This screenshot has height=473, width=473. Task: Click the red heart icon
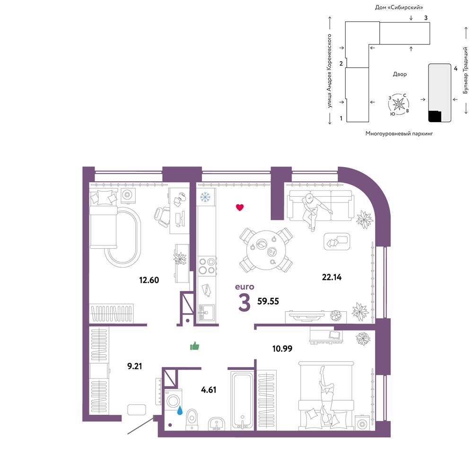click(x=240, y=207)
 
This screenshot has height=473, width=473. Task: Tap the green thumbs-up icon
click(x=194, y=346)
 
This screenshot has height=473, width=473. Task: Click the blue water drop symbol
click(x=180, y=410)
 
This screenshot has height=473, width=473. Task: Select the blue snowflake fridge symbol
click(x=205, y=197)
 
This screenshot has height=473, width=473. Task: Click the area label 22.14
click(x=332, y=277)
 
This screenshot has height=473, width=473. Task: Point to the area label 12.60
click(x=149, y=280)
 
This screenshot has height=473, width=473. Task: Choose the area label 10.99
click(x=282, y=349)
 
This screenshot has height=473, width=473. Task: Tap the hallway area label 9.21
click(x=134, y=366)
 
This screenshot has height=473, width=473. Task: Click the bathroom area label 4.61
click(x=209, y=390)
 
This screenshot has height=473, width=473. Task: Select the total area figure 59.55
click(x=268, y=301)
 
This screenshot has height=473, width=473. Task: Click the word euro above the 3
click(x=245, y=287)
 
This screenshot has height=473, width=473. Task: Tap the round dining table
click(x=266, y=250)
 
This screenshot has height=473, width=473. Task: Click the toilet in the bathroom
click(x=192, y=419)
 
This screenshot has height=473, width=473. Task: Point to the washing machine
click(x=173, y=401)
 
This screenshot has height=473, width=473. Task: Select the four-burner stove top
click(x=207, y=266)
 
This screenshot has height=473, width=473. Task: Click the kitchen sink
click(x=207, y=312)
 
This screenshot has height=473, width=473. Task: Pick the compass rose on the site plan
click(x=399, y=105)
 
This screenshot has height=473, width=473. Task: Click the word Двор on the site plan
click(x=400, y=74)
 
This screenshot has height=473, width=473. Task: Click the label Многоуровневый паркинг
click(x=399, y=133)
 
